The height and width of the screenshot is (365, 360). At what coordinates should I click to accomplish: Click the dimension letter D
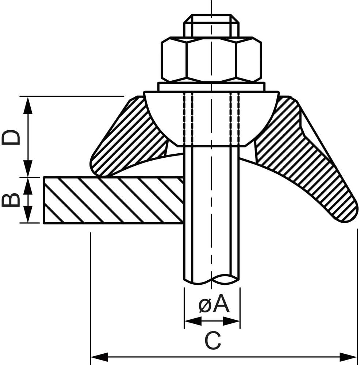point(11,137)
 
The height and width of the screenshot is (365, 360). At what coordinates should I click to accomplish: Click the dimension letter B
point(11,200)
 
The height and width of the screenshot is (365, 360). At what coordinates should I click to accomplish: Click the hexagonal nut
point(211,59)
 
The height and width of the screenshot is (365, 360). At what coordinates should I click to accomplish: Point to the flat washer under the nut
point(211,87)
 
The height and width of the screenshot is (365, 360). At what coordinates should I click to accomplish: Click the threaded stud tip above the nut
point(211,26)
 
